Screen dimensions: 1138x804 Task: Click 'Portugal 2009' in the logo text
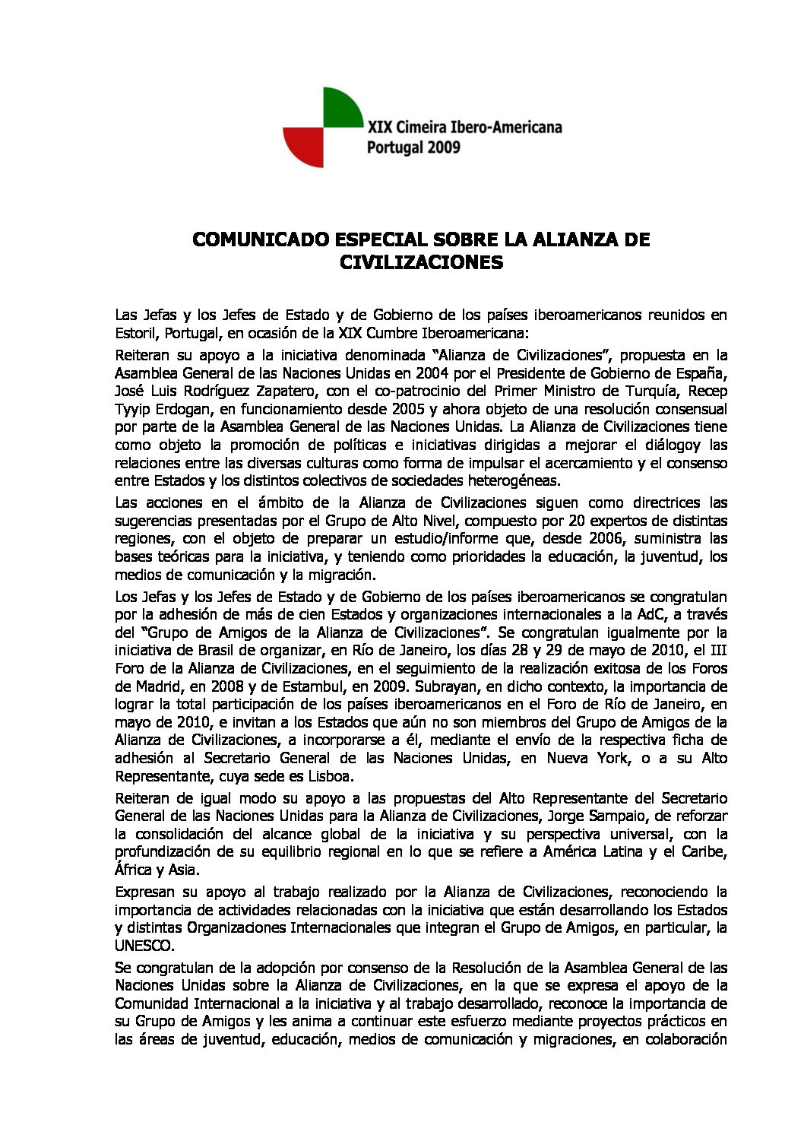(413, 147)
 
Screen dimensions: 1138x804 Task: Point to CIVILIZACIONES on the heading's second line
(421, 263)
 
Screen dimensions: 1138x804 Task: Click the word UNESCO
(144, 946)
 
